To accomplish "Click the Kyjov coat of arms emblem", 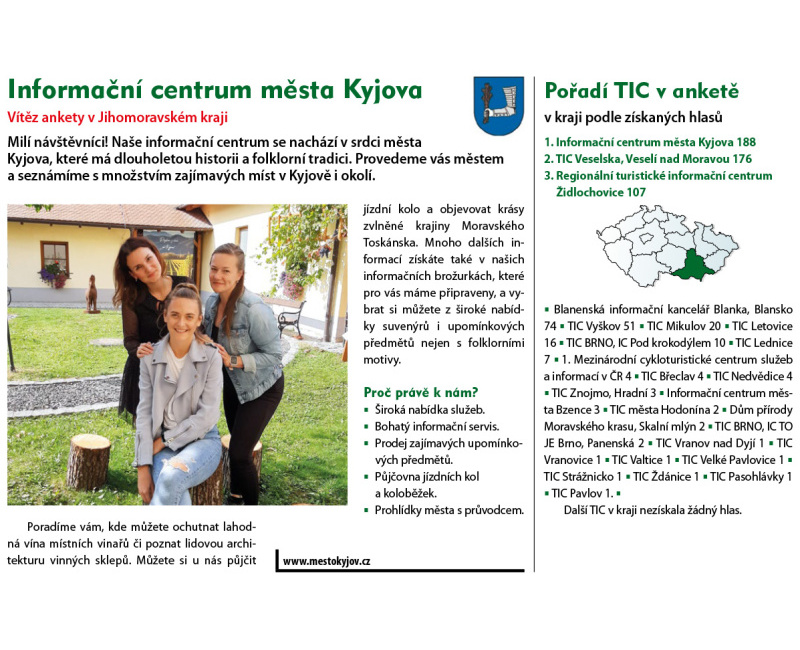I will pyautogui.click(x=498, y=106).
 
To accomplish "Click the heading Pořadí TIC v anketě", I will pyautogui.click(x=641, y=91).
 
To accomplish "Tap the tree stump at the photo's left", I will pyautogui.click(x=89, y=460).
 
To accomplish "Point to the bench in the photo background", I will pyautogui.click(x=291, y=319).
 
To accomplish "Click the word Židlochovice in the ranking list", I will pyautogui.click(x=593, y=191).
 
